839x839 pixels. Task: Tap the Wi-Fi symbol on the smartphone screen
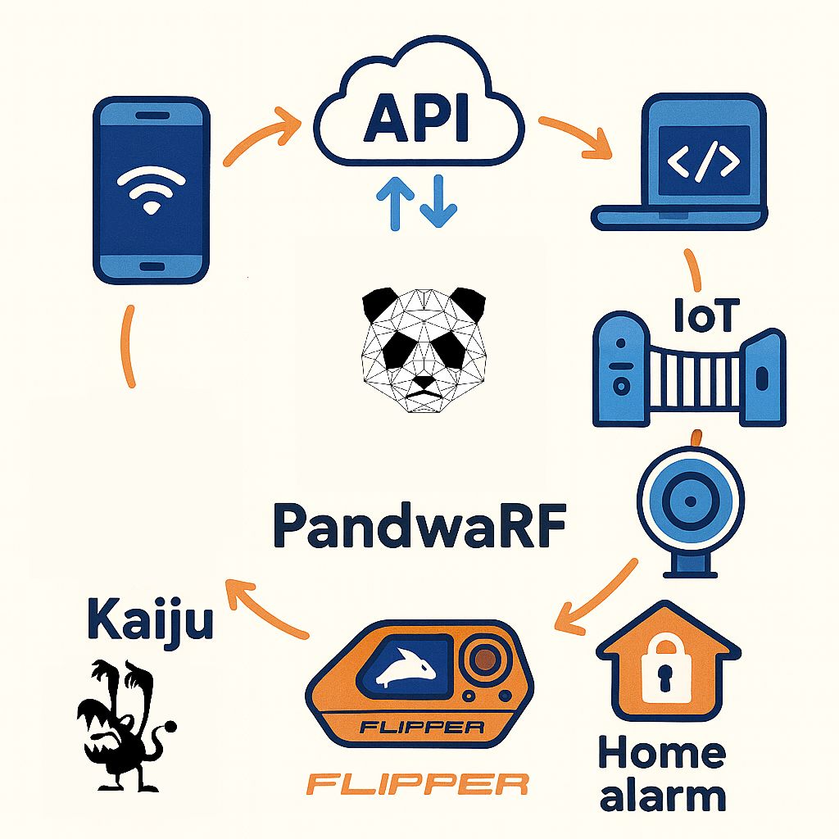[x=152, y=188]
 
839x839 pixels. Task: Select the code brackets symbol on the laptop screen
[x=704, y=161]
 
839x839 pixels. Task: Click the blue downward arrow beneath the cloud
[x=438, y=201]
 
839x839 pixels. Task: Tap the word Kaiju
[x=150, y=621]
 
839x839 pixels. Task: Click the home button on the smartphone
[x=152, y=267]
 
